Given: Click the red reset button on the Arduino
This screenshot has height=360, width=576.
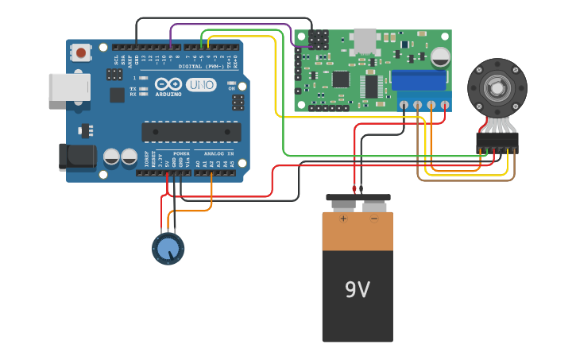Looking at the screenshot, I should click(80, 52).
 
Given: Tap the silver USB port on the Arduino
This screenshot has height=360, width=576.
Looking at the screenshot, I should click(69, 87).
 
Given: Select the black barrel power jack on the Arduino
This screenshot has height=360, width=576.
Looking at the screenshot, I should click(77, 157).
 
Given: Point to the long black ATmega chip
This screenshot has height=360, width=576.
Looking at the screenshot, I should click(191, 132).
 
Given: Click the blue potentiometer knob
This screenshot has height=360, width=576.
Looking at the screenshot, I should click(168, 249).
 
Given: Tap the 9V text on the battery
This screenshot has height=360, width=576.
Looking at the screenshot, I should click(357, 290).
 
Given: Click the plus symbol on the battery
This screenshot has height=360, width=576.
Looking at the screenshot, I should click(343, 219).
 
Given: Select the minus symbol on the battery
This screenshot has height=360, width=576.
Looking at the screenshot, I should click(373, 219).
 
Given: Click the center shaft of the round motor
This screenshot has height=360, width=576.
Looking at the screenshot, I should click(497, 87).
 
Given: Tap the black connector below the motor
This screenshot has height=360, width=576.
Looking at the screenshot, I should click(497, 142).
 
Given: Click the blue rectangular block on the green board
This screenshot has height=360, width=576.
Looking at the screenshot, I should click(419, 80).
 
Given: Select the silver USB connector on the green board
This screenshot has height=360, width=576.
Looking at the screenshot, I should click(365, 41).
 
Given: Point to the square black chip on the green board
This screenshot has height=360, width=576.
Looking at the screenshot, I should click(341, 78).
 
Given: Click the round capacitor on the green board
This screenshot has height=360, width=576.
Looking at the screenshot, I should click(440, 56).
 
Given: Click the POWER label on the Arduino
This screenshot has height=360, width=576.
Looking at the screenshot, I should click(181, 153).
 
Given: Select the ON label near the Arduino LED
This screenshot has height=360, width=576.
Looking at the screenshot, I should click(232, 88).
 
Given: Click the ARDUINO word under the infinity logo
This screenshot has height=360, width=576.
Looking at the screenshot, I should click(168, 94).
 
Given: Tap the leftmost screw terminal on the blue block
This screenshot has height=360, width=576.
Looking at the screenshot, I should click(404, 104).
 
